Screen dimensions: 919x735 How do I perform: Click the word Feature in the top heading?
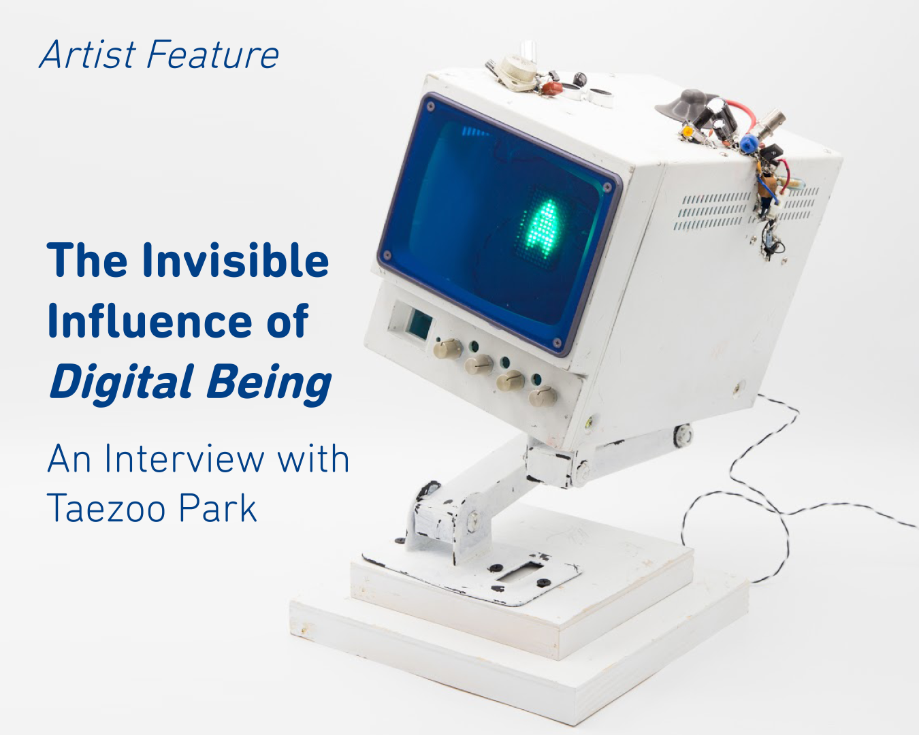(x=213, y=54)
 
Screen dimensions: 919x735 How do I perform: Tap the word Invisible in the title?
(x=236, y=260)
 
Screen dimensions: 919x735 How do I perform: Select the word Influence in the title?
(x=150, y=321)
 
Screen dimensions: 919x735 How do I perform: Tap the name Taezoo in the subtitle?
(x=106, y=508)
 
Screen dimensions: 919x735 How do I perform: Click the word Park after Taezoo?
(x=218, y=508)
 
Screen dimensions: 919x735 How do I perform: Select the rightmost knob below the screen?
(x=543, y=396)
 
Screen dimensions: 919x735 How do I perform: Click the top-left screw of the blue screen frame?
(x=430, y=105)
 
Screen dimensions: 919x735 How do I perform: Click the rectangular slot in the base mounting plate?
(x=521, y=571)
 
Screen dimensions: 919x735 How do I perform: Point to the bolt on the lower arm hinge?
(x=472, y=521)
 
